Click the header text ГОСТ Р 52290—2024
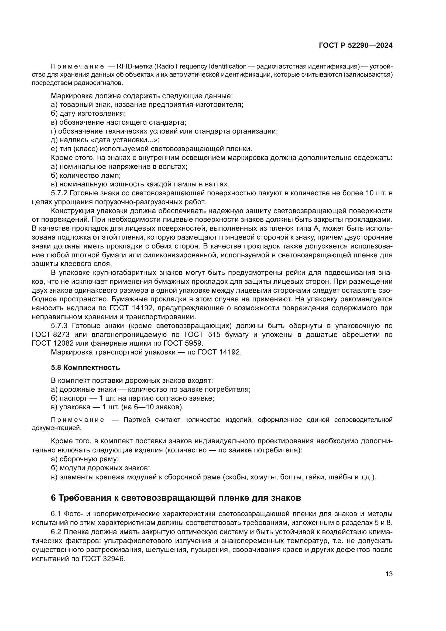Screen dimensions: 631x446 coord(355,46)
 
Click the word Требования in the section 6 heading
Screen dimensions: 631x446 coord(88,498)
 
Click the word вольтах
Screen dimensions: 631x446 coord(174,166)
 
